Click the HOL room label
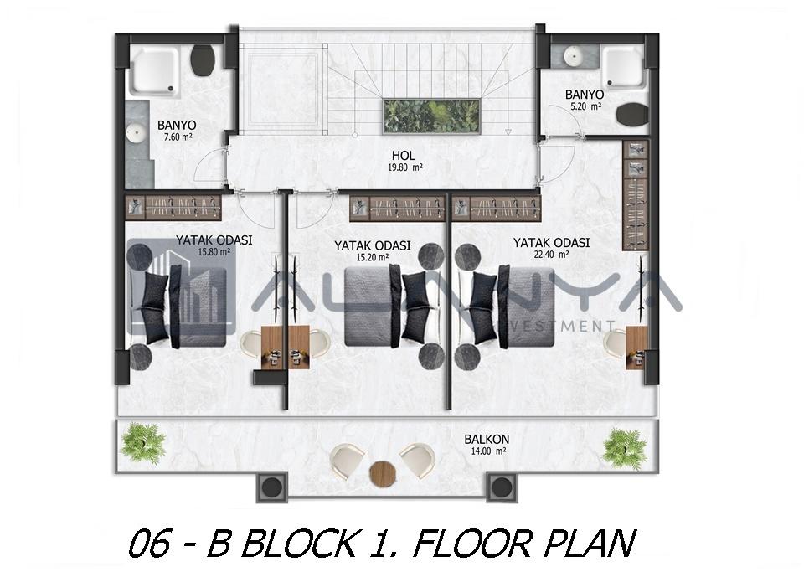pyautogui.click(x=403, y=155)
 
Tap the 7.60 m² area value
pyautogui.click(x=178, y=137)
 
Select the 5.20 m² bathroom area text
pyautogui.click(x=586, y=106)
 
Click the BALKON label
pyautogui.click(x=487, y=440)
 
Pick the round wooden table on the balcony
pyautogui.click(x=383, y=472)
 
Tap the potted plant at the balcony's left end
pyautogui.click(x=143, y=443)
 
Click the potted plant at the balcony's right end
pyautogui.click(x=625, y=448)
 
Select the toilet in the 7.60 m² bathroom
pyautogui.click(x=203, y=59)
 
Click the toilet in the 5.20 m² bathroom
pyautogui.click(x=632, y=115)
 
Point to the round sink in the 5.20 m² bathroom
pyautogui.click(x=572, y=56)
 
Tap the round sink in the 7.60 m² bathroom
pyautogui.click(x=137, y=134)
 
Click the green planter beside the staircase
pyautogui.click(x=432, y=117)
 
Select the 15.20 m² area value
pyautogui.click(x=373, y=257)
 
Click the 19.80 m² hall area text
pyautogui.click(x=405, y=167)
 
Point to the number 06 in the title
pyautogui.click(x=148, y=544)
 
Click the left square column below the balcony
pyautogui.click(x=271, y=487)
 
